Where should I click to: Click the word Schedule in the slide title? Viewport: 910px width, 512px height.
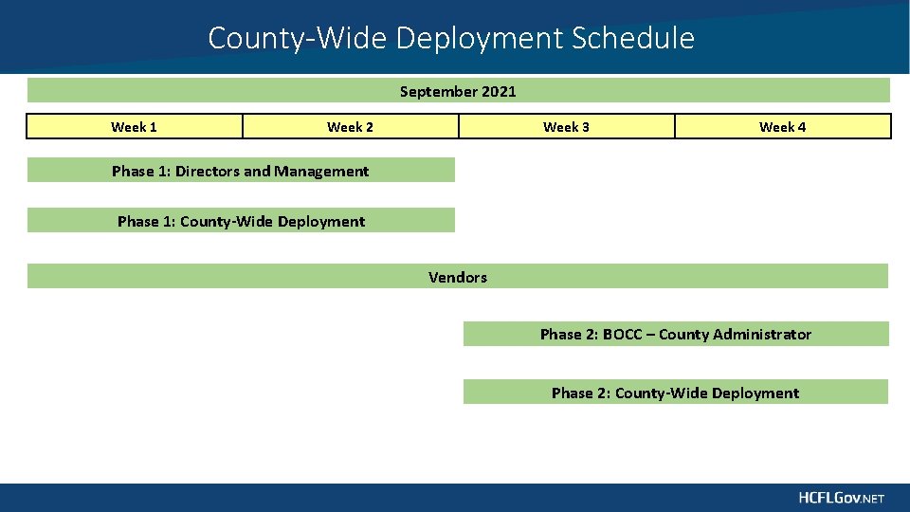tap(632, 39)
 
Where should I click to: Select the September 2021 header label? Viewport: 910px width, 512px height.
tap(458, 91)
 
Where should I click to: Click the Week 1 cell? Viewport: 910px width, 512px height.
tap(134, 127)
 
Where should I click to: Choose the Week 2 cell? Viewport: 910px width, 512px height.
tap(350, 127)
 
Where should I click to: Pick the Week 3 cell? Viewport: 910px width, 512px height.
tap(566, 127)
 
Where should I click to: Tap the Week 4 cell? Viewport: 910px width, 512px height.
tap(782, 127)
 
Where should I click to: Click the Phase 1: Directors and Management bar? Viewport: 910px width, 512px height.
tap(240, 171)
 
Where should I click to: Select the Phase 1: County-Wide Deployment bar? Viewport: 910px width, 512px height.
tap(241, 221)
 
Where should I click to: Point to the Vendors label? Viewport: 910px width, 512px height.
tap(457, 277)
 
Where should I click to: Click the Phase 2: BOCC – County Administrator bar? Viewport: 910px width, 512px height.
tap(675, 334)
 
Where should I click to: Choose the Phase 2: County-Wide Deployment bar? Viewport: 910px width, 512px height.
tap(675, 393)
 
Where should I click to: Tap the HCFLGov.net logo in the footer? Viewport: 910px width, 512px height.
tap(840, 498)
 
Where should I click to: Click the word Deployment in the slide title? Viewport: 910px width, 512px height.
tap(481, 39)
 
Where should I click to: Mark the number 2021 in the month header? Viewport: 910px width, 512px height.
tap(499, 91)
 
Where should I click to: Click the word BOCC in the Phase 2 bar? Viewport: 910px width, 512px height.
tap(622, 334)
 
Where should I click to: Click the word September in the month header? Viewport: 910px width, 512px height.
tap(439, 91)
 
